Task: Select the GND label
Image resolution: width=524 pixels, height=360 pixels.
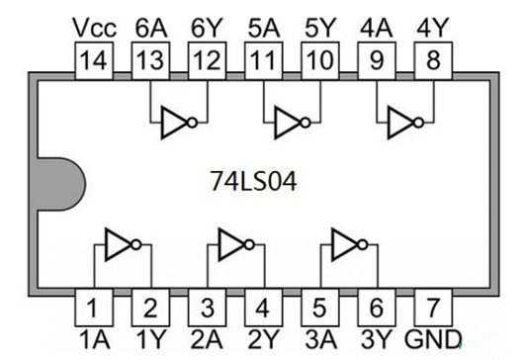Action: (433, 339)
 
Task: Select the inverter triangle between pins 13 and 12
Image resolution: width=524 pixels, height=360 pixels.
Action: (177, 124)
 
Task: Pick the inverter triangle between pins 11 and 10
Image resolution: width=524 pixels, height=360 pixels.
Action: (290, 124)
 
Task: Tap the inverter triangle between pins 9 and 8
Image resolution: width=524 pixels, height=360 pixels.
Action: (403, 124)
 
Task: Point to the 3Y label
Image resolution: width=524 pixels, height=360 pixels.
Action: (375, 339)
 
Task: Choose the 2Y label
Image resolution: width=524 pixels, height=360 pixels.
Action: (262, 339)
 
